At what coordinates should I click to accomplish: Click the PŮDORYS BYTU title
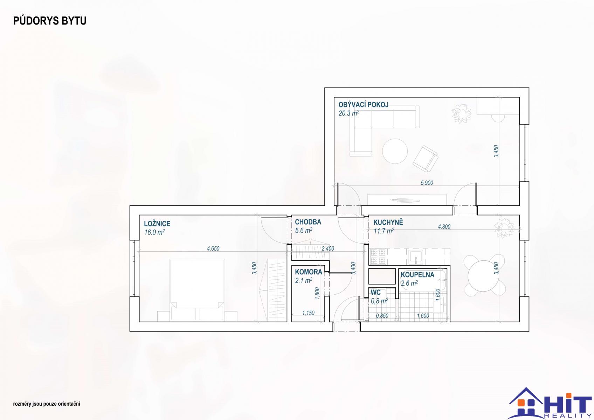coord(50,21)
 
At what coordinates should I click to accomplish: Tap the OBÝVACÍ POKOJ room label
coord(363,105)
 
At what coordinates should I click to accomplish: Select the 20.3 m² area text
coord(349,113)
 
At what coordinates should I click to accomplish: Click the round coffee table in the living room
coord(395,151)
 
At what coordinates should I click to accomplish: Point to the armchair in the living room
coord(425,159)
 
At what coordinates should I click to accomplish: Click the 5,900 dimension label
coord(427,183)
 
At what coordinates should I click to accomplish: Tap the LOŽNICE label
coord(157,224)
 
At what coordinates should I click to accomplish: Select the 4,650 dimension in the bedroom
coord(213,248)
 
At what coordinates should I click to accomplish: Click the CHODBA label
coord(308,222)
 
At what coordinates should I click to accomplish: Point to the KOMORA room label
coord(309,272)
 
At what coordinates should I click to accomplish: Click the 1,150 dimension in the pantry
coord(308,313)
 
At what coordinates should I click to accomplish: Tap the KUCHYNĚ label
coord(388,222)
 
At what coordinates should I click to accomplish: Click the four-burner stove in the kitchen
coord(378,257)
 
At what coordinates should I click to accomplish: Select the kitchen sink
coord(415,257)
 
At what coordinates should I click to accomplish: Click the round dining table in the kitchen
coord(483,276)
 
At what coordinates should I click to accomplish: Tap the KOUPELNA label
coord(417,275)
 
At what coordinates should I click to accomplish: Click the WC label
coord(375,293)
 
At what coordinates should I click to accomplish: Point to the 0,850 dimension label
coord(382,316)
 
